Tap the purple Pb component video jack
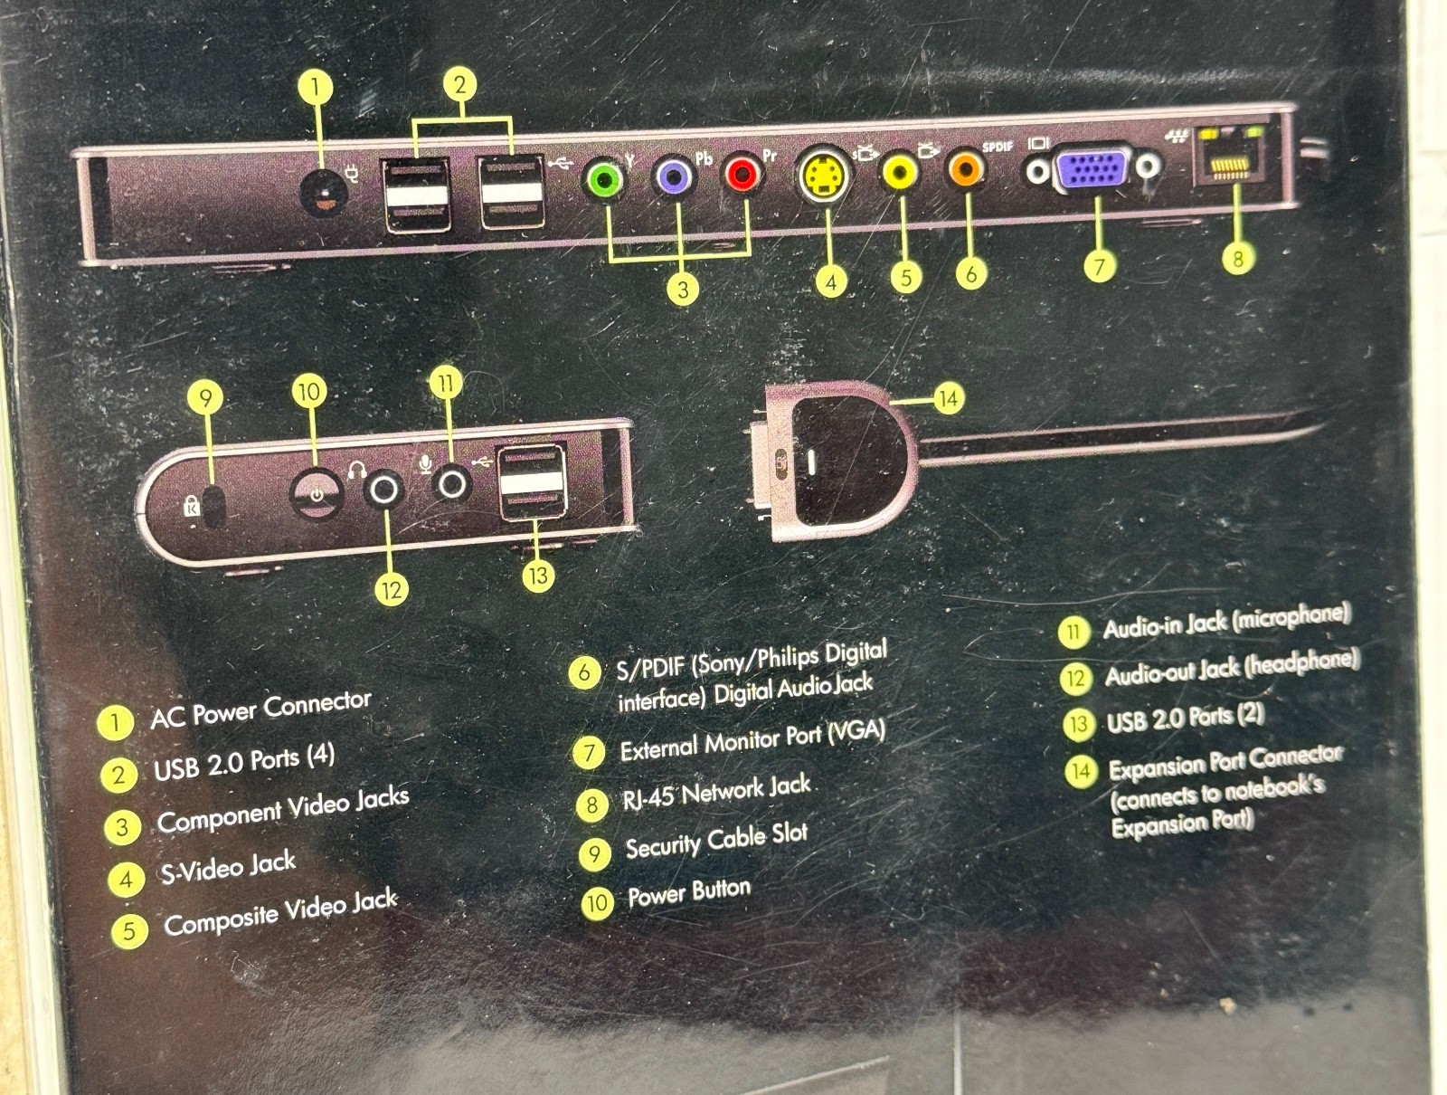coord(673,175)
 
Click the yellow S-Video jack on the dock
coord(824,174)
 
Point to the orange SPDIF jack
coord(966,167)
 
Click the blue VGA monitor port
coord(1092,169)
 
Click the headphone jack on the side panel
coord(384,489)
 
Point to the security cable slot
coord(213,506)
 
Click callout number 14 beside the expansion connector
coord(948,398)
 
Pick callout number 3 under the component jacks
coord(683,289)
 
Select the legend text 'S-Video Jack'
coord(228,867)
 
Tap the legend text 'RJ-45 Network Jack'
coord(717,790)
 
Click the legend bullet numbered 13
coord(1079,724)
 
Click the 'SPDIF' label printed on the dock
coord(998,147)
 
